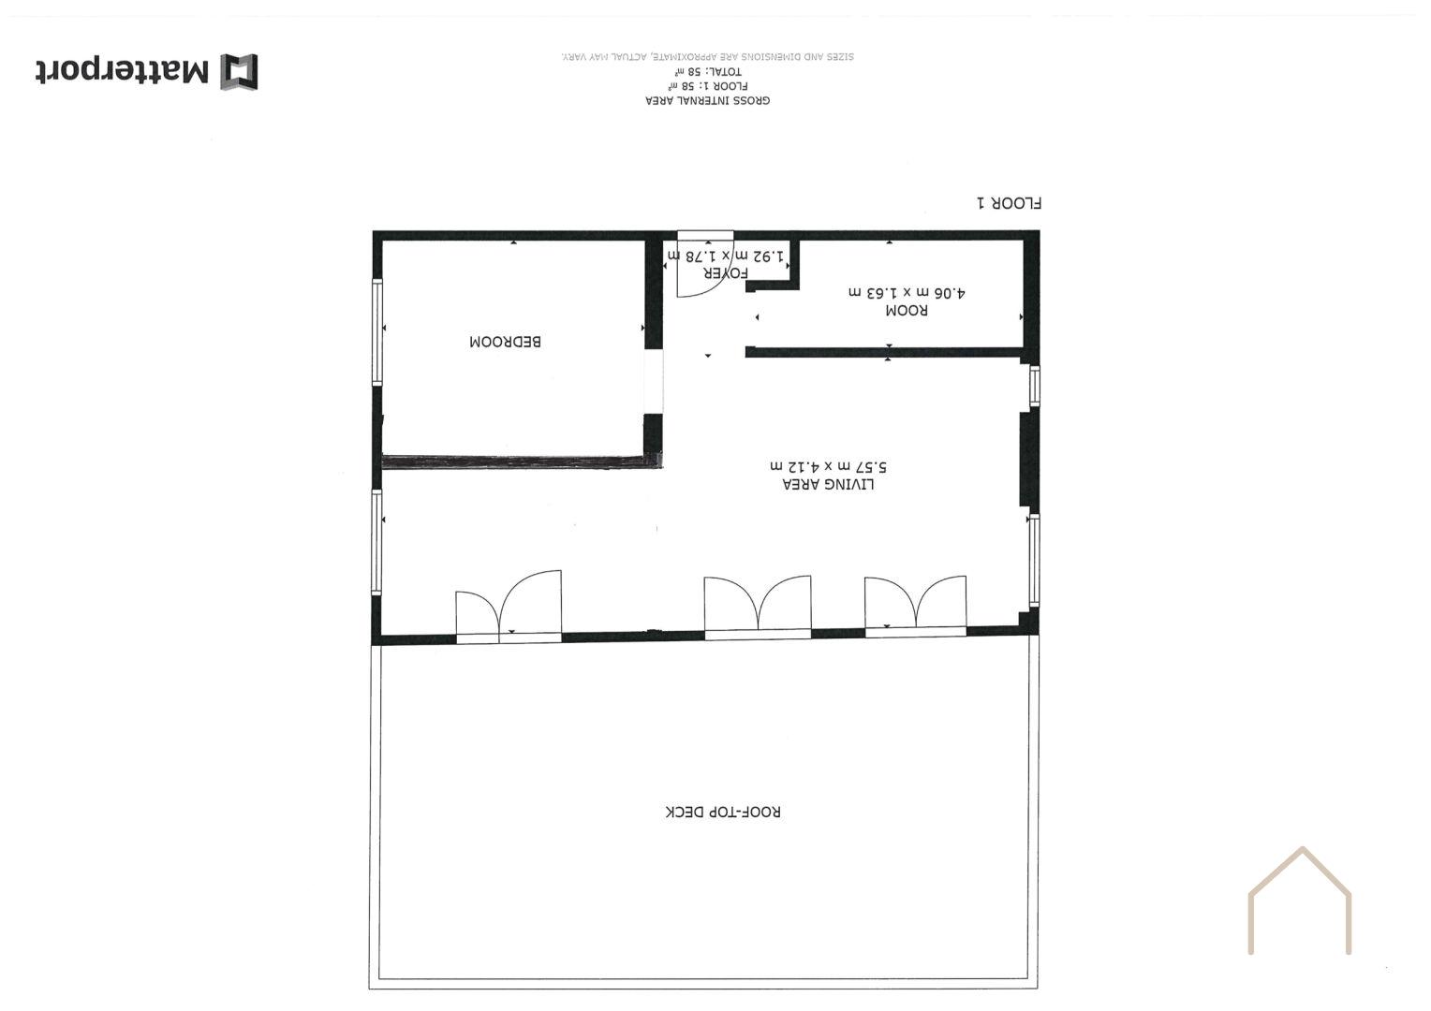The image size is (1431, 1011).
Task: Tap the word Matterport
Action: [123, 71]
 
